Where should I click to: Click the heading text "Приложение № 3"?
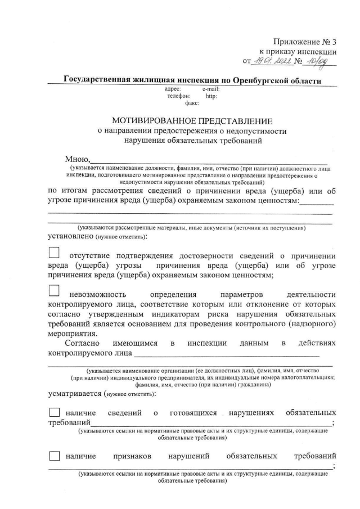pos(304,42)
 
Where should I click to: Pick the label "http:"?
pos(211,96)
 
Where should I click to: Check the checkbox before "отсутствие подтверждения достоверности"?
pos(54,253)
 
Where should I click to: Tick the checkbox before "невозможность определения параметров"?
pos(54,291)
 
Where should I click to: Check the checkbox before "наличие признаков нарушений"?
pos(54,455)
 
